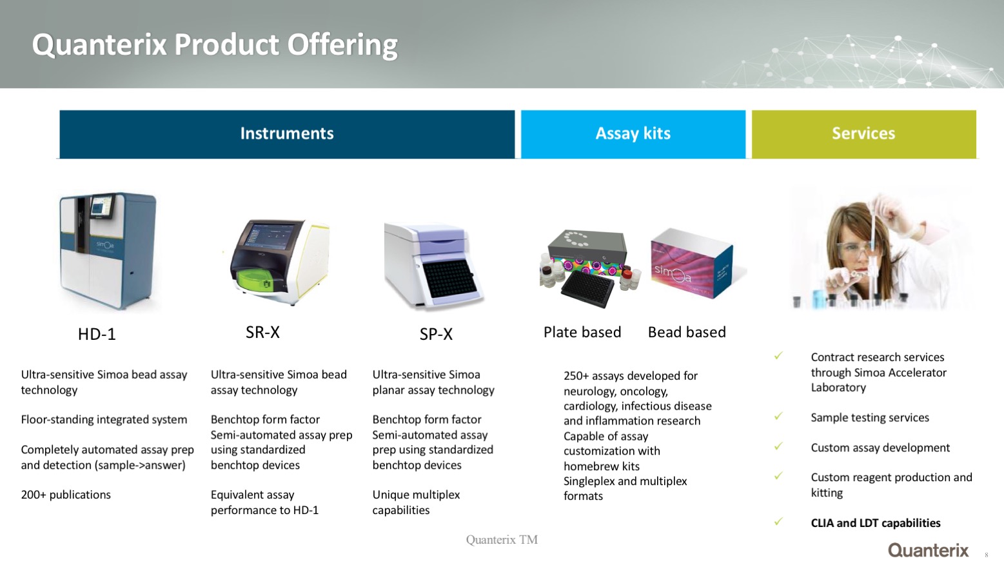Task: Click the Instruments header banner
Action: point(287,134)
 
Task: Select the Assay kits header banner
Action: point(633,134)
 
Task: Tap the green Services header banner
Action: point(863,134)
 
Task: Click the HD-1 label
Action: point(97,334)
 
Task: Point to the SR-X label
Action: point(262,332)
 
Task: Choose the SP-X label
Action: point(436,334)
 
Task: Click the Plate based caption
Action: point(582,332)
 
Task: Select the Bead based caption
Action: point(687,332)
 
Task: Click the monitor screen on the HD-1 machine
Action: point(102,207)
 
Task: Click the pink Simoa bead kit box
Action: point(692,264)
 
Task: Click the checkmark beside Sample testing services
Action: point(778,416)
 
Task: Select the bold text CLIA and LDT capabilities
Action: point(876,523)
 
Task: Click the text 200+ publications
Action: point(66,495)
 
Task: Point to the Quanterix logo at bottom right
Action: point(929,550)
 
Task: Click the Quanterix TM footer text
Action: point(502,539)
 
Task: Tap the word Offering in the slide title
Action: point(342,45)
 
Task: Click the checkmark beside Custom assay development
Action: point(778,446)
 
